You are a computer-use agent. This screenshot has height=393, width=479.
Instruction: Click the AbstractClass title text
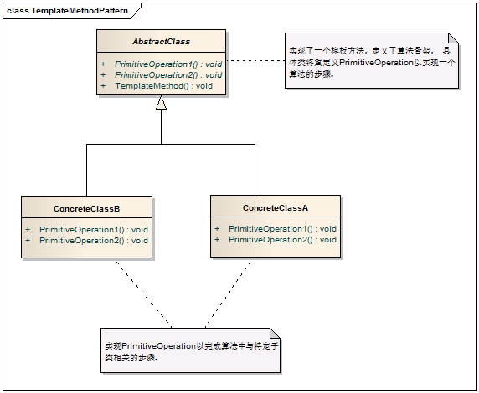click(x=161, y=41)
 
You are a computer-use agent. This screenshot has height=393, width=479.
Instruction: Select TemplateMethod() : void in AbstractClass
click(x=163, y=86)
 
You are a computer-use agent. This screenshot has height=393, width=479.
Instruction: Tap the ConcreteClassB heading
click(x=86, y=207)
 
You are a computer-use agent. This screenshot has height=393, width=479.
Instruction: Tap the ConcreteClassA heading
click(x=276, y=207)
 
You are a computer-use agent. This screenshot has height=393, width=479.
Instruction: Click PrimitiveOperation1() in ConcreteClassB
click(x=93, y=229)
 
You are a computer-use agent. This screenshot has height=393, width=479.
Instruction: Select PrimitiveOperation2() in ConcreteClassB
click(x=93, y=241)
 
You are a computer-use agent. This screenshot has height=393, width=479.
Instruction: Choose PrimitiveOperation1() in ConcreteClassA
click(x=282, y=228)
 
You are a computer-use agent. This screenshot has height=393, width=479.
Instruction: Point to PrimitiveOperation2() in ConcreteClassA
click(x=282, y=240)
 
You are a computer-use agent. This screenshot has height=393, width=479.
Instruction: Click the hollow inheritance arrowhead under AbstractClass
click(x=162, y=103)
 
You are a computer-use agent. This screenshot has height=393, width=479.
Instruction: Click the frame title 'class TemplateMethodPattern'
click(x=63, y=9)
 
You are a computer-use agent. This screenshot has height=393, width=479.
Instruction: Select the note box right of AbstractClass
click(x=368, y=63)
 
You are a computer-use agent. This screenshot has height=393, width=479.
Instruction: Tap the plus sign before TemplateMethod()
click(x=103, y=86)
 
